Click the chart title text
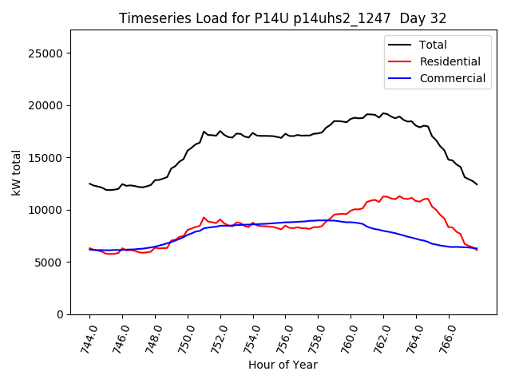pos(283,18)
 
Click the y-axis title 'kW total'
pos(16,172)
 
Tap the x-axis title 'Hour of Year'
pos(283,365)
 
